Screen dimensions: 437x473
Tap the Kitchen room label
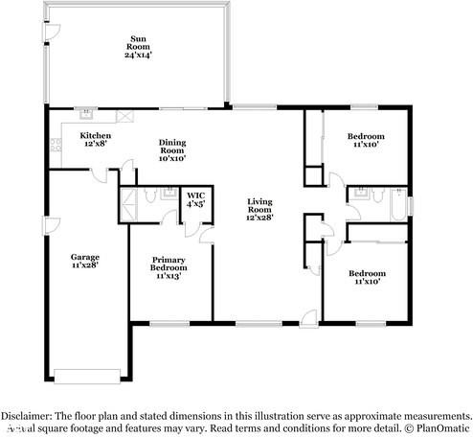coord(95,136)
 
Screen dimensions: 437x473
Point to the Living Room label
coord(259,202)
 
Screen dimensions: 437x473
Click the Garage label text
coord(84,257)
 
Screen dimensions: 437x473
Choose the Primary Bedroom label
coord(168,265)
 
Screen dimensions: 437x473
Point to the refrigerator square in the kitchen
coord(124,114)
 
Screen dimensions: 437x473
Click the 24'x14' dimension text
coord(141,54)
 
